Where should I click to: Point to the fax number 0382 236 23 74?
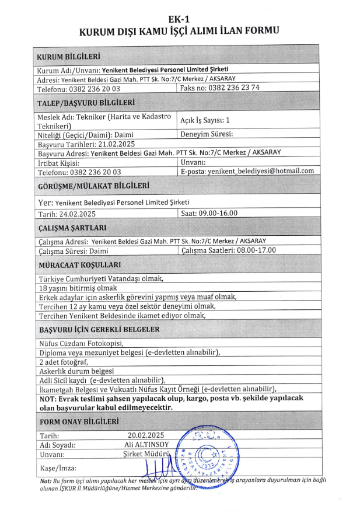pyautogui.click(x=229, y=88)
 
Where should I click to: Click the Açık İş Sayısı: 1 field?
pyautogui.click(x=205, y=120)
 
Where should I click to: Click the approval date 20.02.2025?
pyautogui.click(x=146, y=435)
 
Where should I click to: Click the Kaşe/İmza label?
pyautogui.click(x=58, y=468)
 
